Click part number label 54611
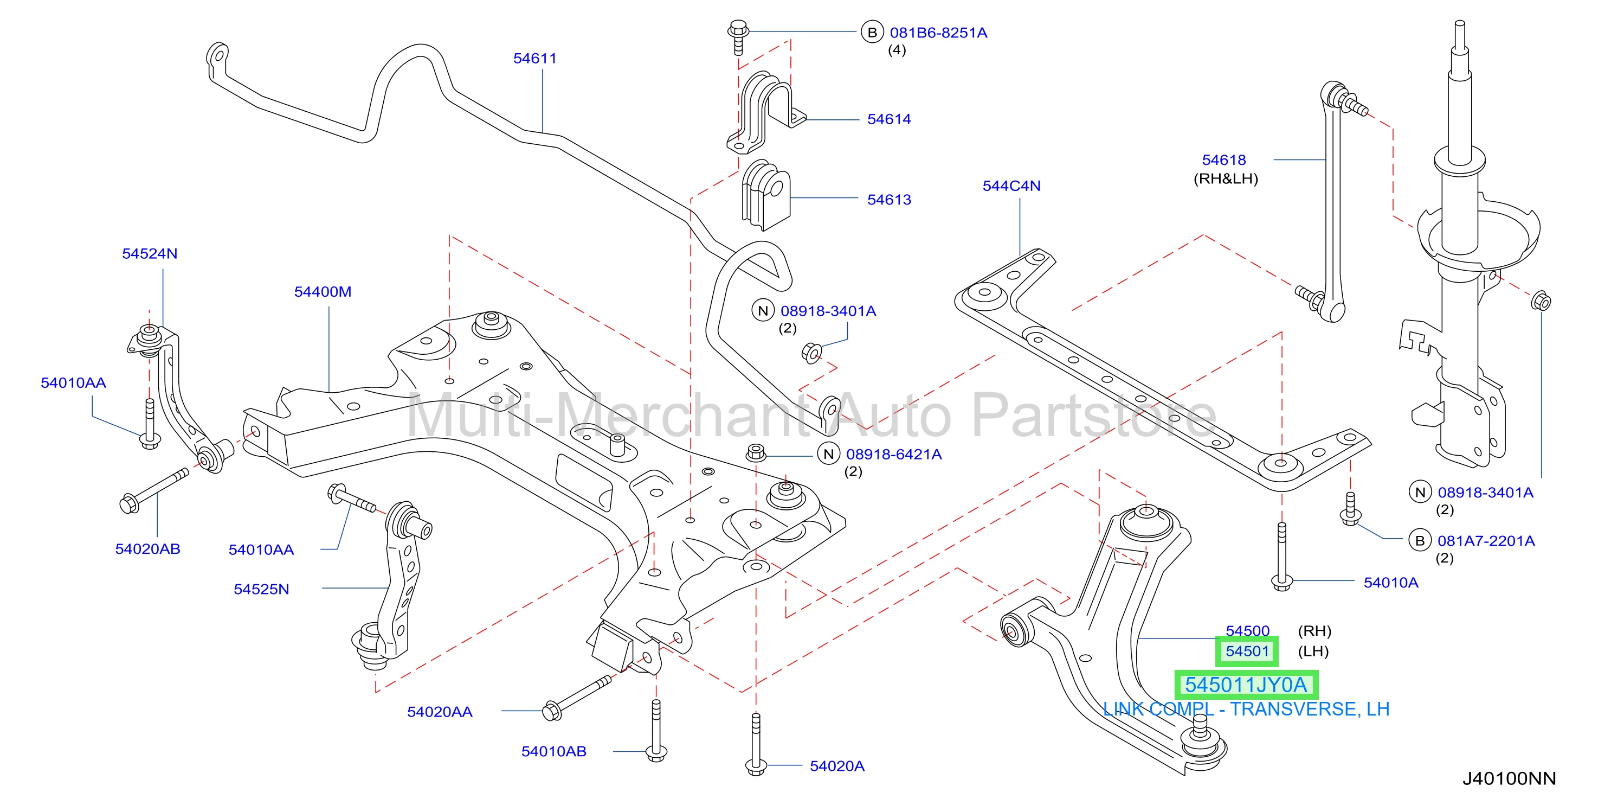534,59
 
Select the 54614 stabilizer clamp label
889,119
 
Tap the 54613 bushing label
889,200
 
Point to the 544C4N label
1011,186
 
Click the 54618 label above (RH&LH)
1223,160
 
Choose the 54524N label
150,254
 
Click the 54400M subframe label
323,292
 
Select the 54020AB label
147,549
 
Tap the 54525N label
262,589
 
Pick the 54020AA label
440,712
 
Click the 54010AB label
553,751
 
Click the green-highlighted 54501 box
1247,651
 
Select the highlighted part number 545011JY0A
1246,685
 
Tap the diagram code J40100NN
1509,778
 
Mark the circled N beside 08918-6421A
828,453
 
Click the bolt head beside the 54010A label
1281,582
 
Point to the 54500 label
1247,631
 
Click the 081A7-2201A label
1486,541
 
